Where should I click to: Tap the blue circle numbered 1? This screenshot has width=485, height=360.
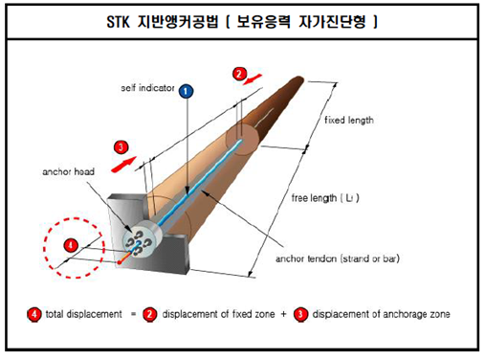[187, 89]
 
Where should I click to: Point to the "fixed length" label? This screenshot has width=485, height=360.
[349, 121]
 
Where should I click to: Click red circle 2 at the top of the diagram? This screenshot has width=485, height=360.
[240, 72]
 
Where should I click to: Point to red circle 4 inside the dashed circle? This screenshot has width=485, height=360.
[71, 245]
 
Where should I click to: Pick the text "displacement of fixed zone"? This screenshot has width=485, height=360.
[222, 314]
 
